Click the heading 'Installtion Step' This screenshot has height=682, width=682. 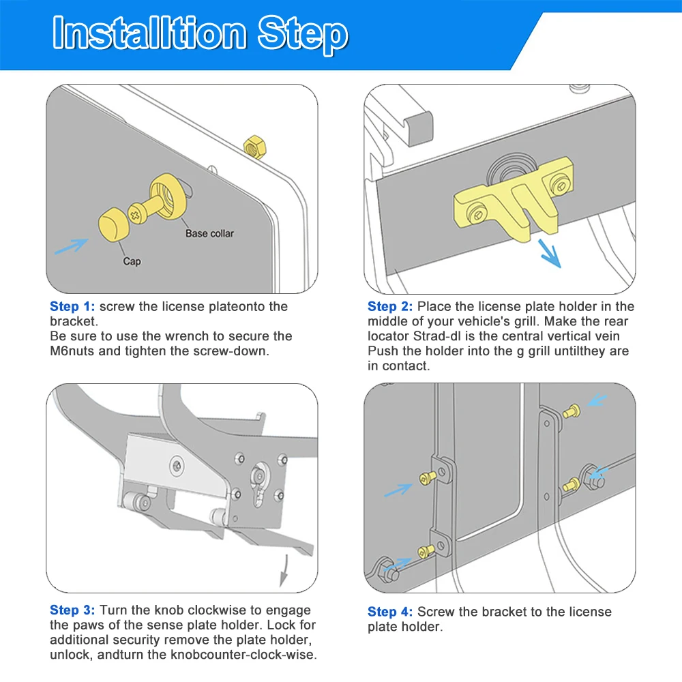click(200, 34)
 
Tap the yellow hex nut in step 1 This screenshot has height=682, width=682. click(255, 147)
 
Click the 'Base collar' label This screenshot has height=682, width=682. click(209, 233)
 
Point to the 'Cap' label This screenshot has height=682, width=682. click(132, 261)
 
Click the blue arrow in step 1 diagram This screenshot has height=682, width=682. click(72, 246)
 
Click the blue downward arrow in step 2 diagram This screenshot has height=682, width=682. click(550, 254)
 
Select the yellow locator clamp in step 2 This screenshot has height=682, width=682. click(514, 198)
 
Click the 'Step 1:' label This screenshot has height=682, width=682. click(72, 307)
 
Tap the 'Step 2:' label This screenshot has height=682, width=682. click(390, 307)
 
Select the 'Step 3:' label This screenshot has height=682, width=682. click(72, 610)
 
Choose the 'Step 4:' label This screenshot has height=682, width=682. click(390, 612)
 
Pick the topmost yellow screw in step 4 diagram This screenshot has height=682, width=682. click(572, 411)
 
